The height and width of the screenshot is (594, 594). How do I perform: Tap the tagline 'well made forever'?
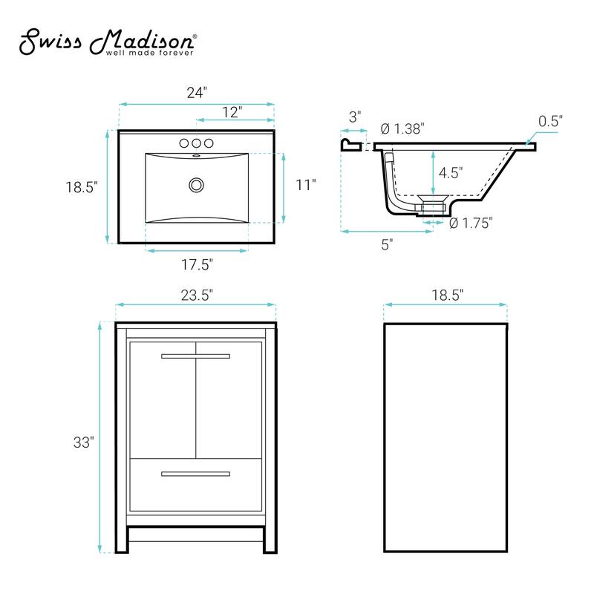point(150,53)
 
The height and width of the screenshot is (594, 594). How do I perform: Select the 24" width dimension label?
point(196,94)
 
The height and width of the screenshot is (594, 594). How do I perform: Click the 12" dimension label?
point(232,112)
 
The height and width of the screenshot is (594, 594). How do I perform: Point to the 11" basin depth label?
point(305,185)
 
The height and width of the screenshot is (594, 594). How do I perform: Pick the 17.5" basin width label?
point(197,264)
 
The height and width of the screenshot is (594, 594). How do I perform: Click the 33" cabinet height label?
point(83,443)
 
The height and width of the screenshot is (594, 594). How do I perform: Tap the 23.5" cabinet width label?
point(196,294)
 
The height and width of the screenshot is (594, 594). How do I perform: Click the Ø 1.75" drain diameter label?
point(471,223)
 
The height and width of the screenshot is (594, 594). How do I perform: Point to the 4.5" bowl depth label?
point(450,173)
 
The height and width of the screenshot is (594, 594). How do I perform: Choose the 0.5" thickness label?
point(551,120)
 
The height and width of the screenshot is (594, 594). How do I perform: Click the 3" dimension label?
point(355,117)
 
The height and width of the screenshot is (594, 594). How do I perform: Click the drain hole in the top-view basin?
point(197,183)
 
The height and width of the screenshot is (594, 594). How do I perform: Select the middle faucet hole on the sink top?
point(197,143)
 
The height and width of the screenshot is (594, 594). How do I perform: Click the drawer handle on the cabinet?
point(196,473)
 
